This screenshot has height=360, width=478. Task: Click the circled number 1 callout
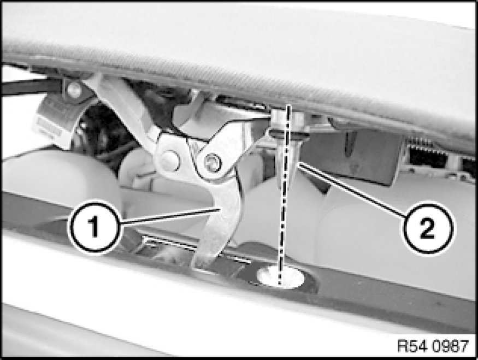click(x=94, y=226)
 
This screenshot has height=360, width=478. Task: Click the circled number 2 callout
click(x=428, y=229)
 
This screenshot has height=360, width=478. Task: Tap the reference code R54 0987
click(x=433, y=346)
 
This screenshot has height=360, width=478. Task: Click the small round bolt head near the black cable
click(x=74, y=89)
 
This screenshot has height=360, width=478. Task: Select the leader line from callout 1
click(x=170, y=217)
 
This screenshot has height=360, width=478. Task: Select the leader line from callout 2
click(x=352, y=190)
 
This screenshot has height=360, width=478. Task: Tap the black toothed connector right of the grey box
click(x=427, y=154)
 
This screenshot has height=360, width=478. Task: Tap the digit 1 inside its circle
click(x=94, y=226)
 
